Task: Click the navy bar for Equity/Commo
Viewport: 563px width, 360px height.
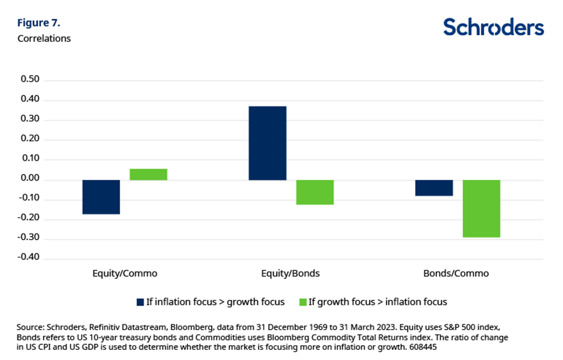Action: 101,197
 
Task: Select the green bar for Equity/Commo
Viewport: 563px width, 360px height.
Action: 148,174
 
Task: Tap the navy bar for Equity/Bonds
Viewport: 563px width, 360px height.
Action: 267,143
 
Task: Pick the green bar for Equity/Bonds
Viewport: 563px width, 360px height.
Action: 315,192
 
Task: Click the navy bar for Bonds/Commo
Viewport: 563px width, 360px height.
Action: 434,188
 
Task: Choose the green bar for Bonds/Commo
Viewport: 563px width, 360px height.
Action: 481,209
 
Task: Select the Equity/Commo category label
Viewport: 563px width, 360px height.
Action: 125,274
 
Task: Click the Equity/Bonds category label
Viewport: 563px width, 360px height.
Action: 291,274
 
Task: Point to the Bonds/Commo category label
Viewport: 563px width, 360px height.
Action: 456,274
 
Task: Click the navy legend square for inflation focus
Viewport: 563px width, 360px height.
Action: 140,302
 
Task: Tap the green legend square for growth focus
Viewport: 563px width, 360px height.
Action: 302,302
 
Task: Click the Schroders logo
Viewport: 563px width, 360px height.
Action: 493,27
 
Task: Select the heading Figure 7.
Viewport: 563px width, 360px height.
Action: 39,24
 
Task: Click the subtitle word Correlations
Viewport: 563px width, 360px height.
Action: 44,38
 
